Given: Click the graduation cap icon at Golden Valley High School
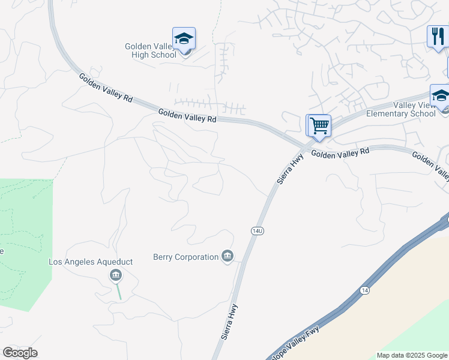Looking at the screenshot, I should [184, 39].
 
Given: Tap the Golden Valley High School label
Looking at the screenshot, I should [150, 50].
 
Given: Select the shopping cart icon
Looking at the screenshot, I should [319, 126].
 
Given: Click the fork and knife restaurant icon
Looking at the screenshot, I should [438, 36].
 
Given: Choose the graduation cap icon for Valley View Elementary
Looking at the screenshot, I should [441, 95].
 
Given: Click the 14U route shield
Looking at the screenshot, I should [257, 230].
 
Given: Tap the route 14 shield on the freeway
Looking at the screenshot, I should [364, 290].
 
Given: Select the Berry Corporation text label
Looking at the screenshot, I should [185, 257].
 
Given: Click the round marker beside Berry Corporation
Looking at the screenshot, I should [228, 257].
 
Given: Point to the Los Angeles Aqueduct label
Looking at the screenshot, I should [90, 262].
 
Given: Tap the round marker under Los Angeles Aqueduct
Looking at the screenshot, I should [116, 275].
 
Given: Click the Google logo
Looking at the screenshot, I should [20, 353].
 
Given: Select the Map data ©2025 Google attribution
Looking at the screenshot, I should [412, 355].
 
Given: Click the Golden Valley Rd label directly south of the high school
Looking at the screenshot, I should [187, 115].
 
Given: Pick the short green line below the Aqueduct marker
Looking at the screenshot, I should [119, 292].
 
